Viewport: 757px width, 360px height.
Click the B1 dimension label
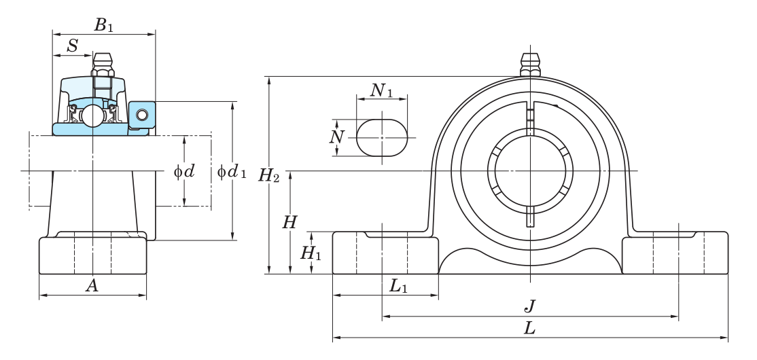click(103, 25)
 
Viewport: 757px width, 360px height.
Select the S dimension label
click(73, 46)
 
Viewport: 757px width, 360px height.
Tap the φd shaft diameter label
click(184, 171)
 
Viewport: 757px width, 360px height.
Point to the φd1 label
click(232, 171)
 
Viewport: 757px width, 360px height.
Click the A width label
click(92, 286)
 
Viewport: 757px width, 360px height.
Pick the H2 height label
click(269, 175)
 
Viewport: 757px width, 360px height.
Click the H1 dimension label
click(311, 253)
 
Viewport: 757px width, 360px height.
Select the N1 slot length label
click(381, 90)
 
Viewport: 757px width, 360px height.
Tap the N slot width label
click(337, 137)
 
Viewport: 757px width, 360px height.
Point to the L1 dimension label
click(398, 287)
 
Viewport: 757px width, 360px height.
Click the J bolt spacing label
click(529, 306)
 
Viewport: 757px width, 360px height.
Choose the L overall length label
click(529, 329)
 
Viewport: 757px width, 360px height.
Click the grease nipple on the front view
click(530, 65)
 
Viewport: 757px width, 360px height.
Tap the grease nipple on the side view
click(103, 65)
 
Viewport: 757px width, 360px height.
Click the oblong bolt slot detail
click(382, 137)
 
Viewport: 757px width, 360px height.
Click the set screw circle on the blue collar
click(142, 114)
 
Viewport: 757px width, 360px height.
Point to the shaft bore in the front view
click(529, 171)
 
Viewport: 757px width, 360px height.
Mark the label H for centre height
click(289, 223)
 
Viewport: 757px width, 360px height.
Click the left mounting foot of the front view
click(385, 253)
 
